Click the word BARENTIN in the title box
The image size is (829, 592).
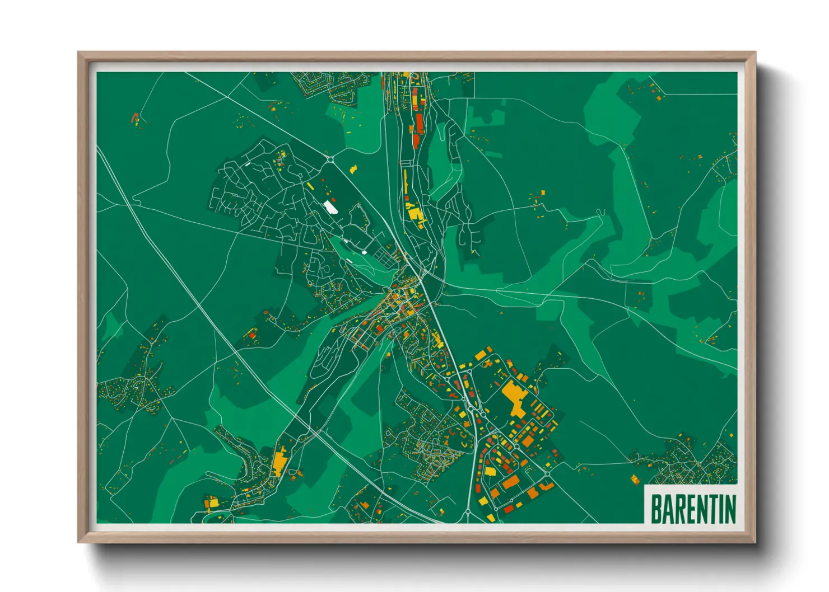[693, 508]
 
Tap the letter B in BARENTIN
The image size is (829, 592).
[656, 509]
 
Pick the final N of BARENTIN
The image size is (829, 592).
[729, 509]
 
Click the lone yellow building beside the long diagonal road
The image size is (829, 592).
[353, 168]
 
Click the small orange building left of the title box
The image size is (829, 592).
[635, 479]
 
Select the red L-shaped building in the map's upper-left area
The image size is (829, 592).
[134, 118]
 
